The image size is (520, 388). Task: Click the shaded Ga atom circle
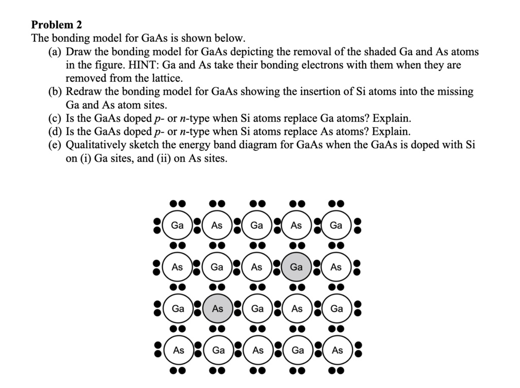297,267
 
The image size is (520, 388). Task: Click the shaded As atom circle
217,308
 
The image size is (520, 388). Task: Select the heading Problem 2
56,24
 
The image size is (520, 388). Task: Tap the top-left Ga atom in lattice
178,225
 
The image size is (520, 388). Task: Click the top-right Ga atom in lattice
336,225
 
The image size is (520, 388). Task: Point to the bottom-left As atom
178,350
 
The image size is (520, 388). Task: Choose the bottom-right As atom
337,350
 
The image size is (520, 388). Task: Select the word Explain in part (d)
391,132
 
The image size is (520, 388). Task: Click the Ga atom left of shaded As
178,308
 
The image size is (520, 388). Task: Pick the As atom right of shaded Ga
336,267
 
